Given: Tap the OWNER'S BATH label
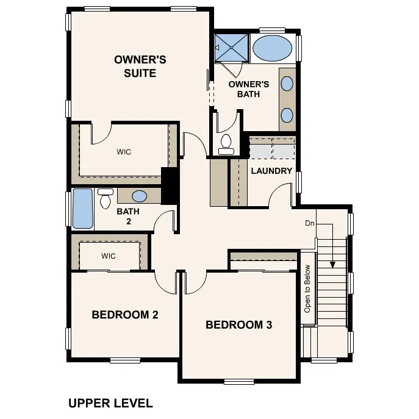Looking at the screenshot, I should click(249, 89).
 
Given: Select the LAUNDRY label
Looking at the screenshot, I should click(271, 171).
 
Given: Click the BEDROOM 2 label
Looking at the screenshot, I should click(125, 315).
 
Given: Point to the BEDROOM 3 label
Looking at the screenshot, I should click(238, 324).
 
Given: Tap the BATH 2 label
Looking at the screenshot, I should click(128, 217).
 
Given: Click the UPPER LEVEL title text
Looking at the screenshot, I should click(110, 403).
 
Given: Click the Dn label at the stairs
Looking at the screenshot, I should click(310, 223).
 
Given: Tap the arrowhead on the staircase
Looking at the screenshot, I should click(332, 264).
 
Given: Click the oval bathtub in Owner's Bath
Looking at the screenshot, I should click(273, 48).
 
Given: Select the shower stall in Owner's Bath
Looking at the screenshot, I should click(231, 47).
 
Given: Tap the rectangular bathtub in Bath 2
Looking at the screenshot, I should click(82, 209).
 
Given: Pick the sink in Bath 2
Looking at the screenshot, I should click(140, 196).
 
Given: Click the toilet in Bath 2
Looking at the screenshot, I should click(106, 198).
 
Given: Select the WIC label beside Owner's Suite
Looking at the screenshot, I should click(124, 152).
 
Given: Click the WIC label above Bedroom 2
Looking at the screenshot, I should click(109, 256).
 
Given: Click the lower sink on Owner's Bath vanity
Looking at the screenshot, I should click(287, 114).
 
